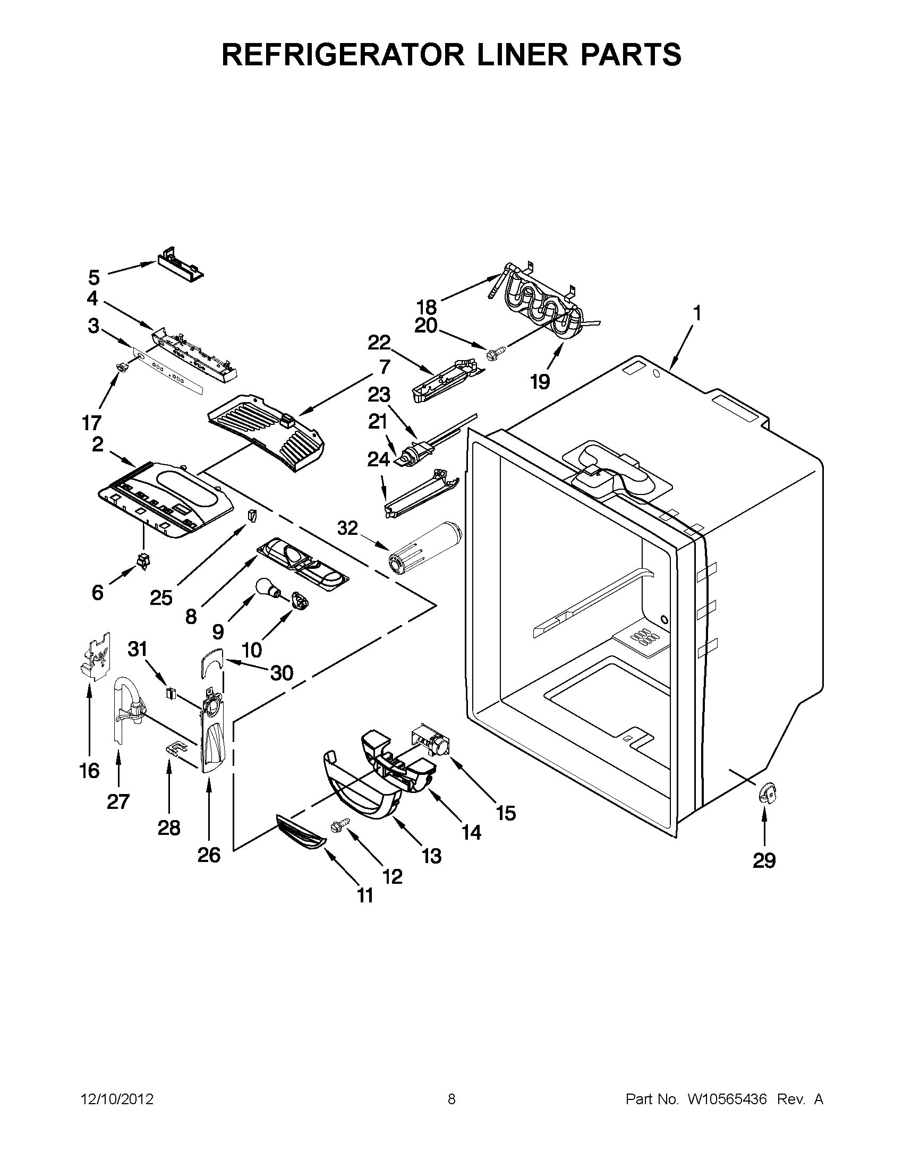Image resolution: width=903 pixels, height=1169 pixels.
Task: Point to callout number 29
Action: click(x=764, y=860)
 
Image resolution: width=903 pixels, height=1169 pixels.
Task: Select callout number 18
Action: click(x=427, y=307)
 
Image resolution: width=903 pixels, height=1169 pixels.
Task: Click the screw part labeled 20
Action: click(x=493, y=353)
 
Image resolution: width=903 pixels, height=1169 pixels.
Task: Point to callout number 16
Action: click(x=89, y=771)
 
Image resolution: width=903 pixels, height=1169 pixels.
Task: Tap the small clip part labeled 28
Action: click(x=172, y=748)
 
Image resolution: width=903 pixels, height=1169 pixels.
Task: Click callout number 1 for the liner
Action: click(x=697, y=312)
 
